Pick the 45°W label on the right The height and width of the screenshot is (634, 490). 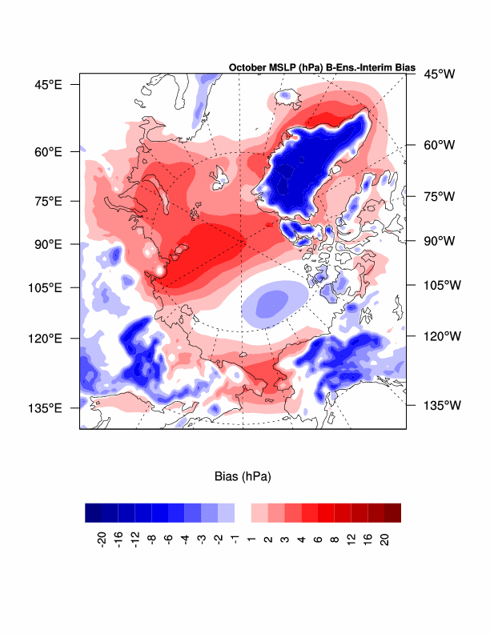tap(439, 74)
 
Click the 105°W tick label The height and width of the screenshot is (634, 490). tap(441, 285)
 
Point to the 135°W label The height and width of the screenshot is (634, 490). tap(441, 405)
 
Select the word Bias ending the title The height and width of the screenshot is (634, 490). tap(403, 68)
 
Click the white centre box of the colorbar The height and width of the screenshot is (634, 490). tap(243, 512)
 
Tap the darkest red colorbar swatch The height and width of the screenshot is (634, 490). tap(392, 512)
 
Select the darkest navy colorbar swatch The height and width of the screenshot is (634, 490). tap(94, 512)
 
